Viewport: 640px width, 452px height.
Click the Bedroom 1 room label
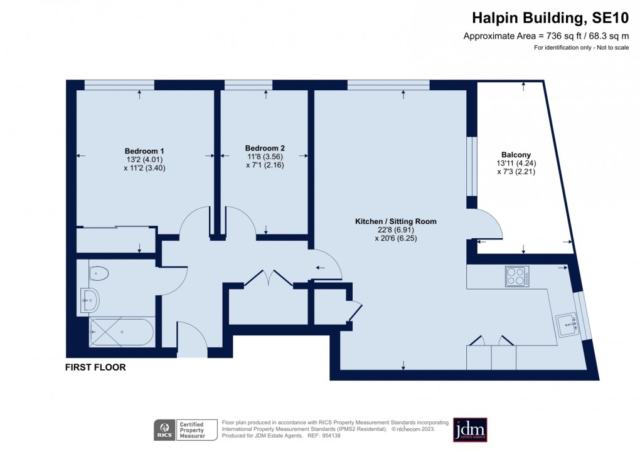(x=144, y=151)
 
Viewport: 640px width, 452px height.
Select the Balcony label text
(x=516, y=155)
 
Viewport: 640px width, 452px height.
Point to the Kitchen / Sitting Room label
(x=395, y=221)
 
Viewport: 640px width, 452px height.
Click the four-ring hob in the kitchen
(x=518, y=276)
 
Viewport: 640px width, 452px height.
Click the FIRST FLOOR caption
(x=95, y=368)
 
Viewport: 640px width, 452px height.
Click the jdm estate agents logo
(x=470, y=430)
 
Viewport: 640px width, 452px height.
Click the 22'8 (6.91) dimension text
(x=395, y=230)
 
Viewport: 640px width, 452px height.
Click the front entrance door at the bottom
(x=192, y=342)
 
